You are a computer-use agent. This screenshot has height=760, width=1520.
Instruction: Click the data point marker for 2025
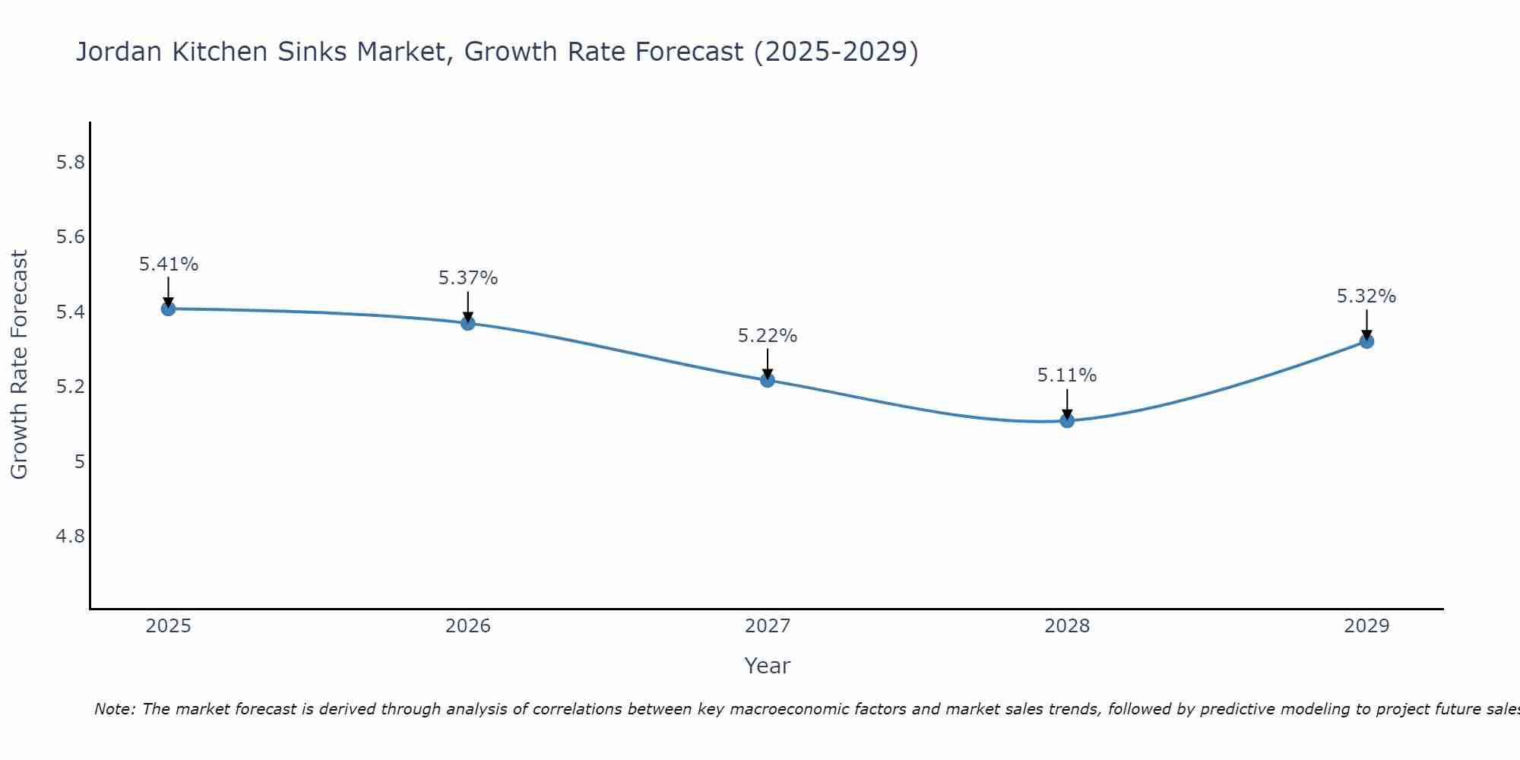(x=168, y=309)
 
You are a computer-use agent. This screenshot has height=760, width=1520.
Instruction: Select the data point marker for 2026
(x=468, y=323)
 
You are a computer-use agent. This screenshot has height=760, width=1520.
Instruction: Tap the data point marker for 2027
(x=768, y=380)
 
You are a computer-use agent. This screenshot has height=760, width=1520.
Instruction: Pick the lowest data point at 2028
(x=1067, y=420)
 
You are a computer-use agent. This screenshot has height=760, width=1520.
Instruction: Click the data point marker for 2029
(x=1366, y=341)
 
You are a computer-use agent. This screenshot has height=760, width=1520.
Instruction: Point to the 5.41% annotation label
(x=168, y=264)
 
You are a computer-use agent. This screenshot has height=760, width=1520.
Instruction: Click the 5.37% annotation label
(x=468, y=278)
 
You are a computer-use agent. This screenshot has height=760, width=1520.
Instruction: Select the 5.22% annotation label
(x=768, y=336)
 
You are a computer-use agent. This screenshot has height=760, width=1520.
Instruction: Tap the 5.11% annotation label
(x=1067, y=375)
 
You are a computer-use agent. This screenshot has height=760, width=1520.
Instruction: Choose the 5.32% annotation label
(x=1366, y=296)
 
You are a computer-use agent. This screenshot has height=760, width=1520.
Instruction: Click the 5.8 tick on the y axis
(x=70, y=163)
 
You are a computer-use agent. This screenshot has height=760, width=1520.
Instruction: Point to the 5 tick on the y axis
(x=79, y=461)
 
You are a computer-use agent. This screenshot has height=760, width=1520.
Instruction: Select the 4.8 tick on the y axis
(x=70, y=537)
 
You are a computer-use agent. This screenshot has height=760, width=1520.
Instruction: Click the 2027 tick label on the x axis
(x=768, y=626)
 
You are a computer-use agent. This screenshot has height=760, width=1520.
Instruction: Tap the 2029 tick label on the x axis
(x=1366, y=626)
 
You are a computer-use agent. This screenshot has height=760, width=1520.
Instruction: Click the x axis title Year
(x=768, y=666)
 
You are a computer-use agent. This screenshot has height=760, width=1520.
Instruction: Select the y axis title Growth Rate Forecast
(x=19, y=365)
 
